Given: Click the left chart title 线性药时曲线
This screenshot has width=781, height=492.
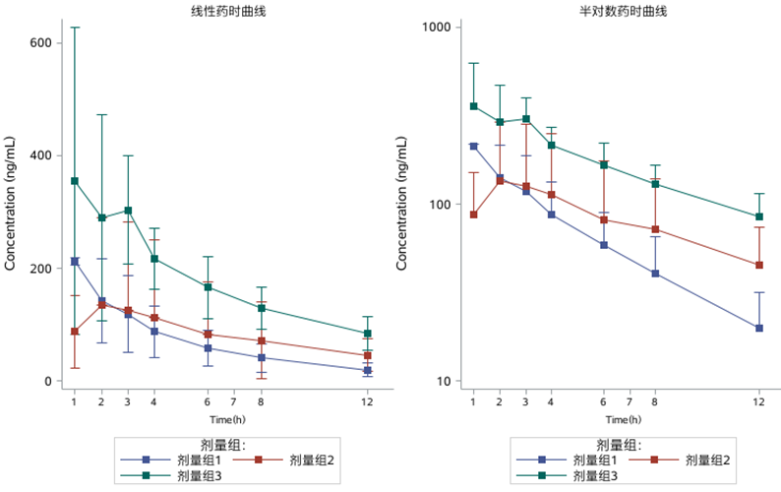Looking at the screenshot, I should (220, 11).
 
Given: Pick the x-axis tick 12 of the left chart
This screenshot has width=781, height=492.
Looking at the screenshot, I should (367, 402).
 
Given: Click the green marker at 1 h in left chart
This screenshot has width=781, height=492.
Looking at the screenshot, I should (75, 181).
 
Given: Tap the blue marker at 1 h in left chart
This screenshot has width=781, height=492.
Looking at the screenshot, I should (75, 262).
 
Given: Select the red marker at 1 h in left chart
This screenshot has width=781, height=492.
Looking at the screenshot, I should (75, 332).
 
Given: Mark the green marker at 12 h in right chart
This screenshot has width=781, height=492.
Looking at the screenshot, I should (758, 216).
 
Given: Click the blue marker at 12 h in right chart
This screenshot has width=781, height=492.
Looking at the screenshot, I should (758, 328).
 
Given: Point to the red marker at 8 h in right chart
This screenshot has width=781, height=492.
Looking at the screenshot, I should (654, 230).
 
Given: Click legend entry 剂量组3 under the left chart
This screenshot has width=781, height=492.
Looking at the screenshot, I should (198, 474).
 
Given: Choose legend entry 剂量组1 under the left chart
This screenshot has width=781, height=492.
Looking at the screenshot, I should (198, 460).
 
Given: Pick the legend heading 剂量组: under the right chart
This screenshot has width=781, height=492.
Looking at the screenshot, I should (617, 445).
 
